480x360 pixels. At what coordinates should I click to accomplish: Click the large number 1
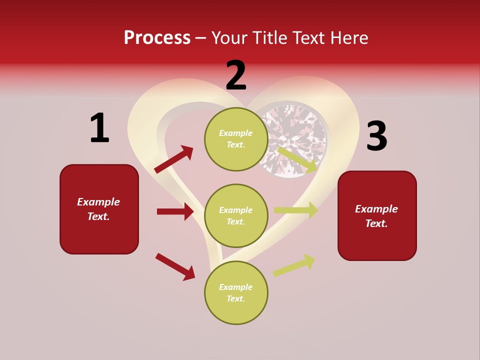(x=99, y=128)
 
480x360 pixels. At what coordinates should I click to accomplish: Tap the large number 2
(x=236, y=75)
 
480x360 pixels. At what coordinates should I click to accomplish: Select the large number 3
(x=376, y=136)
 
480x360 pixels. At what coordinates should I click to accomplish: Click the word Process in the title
(x=157, y=37)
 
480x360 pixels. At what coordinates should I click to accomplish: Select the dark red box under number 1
(x=99, y=209)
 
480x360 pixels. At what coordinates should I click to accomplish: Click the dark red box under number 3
(x=377, y=215)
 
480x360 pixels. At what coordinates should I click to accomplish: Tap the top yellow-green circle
(x=236, y=139)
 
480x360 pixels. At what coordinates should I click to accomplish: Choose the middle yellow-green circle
(x=236, y=215)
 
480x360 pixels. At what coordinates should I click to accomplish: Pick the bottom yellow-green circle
(x=236, y=292)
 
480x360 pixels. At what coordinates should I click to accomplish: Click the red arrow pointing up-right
(x=174, y=159)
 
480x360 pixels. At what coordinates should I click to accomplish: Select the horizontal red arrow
(x=175, y=211)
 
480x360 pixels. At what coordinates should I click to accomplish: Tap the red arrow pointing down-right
(x=175, y=266)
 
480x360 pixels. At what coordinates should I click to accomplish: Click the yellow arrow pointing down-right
(x=297, y=159)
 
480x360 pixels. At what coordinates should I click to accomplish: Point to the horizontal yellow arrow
(x=295, y=210)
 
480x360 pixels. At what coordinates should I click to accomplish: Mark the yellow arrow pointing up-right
(x=294, y=265)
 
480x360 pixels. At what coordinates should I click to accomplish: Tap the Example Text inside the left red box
(x=98, y=209)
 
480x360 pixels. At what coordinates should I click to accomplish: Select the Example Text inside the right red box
(x=376, y=216)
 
